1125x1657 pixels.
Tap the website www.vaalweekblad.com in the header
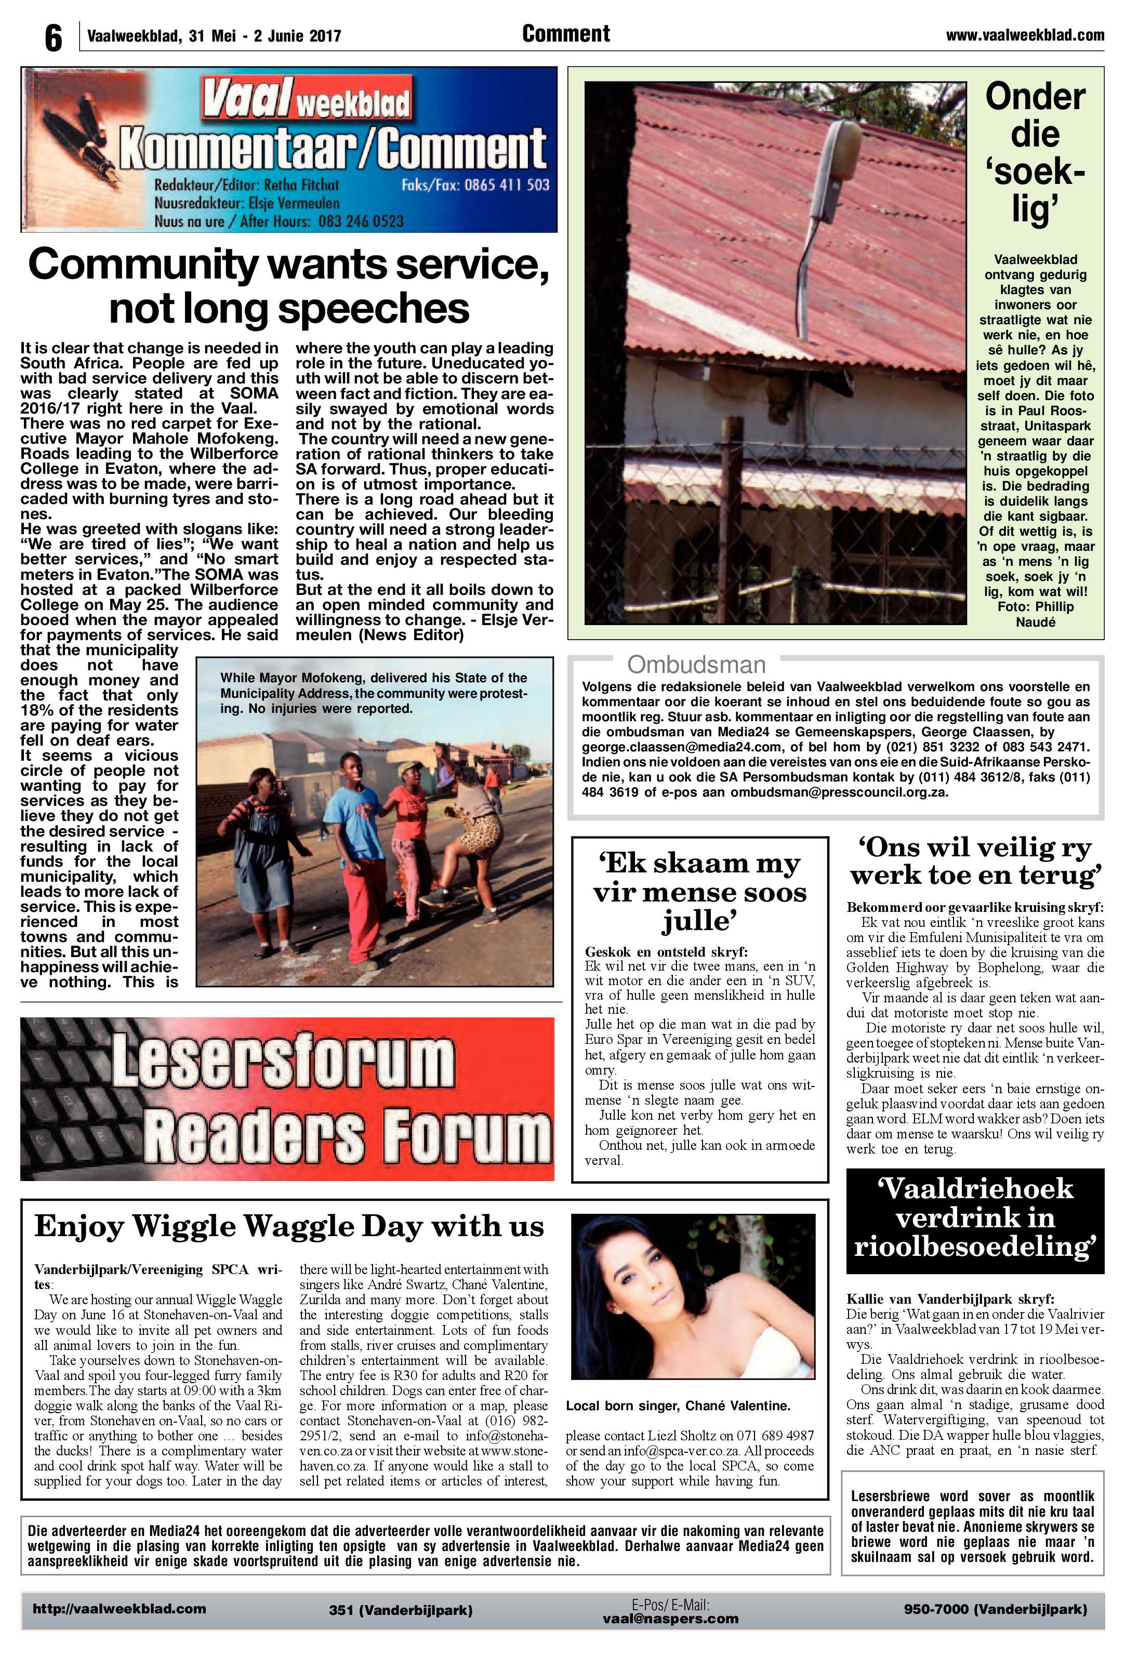[1025, 35]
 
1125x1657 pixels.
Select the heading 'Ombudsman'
[696, 665]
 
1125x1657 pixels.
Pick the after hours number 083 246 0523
[361, 221]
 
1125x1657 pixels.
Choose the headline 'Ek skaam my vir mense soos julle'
[699, 893]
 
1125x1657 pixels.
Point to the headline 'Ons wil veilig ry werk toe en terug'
[975, 861]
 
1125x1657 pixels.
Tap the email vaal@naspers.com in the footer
[670, 1619]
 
